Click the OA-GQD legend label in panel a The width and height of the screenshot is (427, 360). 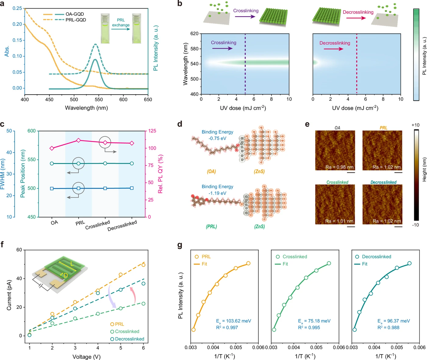click(75, 14)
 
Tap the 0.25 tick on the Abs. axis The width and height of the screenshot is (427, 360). click(17, 8)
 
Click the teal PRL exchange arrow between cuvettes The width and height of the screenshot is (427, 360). click(121, 29)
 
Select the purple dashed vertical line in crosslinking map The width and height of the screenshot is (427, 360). click(245, 64)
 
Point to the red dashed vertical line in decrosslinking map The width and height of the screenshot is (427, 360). click(357, 64)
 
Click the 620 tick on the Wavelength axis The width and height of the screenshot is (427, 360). click(195, 34)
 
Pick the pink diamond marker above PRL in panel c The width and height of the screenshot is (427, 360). click(78, 140)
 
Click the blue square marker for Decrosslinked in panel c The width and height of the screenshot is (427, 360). click(132, 188)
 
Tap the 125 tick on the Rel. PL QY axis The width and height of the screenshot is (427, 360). click(152, 131)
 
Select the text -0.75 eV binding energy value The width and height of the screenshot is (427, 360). click(217, 138)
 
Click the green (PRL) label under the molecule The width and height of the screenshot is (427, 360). click(211, 227)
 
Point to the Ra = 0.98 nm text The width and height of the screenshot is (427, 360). click(339, 167)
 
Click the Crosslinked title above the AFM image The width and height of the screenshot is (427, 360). click(337, 182)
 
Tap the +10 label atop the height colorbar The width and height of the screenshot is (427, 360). click(415, 125)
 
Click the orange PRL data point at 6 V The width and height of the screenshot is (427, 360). click(143, 265)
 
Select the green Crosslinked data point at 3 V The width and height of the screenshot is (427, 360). click(75, 318)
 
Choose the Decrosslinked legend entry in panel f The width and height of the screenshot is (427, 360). click(127, 339)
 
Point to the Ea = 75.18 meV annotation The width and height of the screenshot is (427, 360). click(314, 321)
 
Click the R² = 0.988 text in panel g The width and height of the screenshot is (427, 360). click(388, 327)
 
